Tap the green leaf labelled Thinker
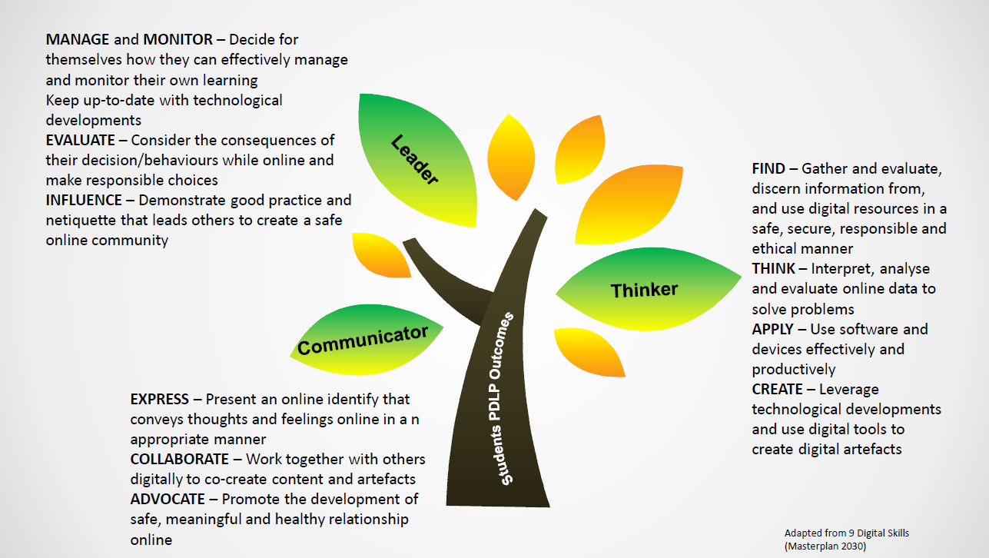[x=644, y=290]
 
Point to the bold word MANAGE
[x=76, y=39]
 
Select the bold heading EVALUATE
[x=84, y=140]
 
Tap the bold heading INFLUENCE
[x=84, y=200]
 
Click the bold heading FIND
[x=768, y=168]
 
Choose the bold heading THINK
[x=774, y=269]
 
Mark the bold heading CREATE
[x=778, y=389]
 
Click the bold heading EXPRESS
[x=159, y=400]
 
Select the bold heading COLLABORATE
[x=179, y=460]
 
